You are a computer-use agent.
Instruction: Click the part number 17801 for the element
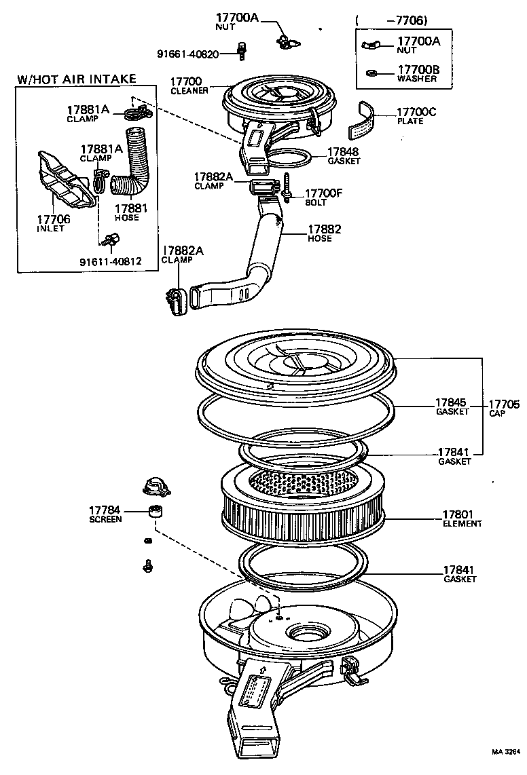coord(458,515)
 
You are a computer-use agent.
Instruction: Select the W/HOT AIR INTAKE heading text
coord(76,79)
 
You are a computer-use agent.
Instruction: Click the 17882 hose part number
coord(324,229)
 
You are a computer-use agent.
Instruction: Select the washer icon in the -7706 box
coord(371,73)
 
